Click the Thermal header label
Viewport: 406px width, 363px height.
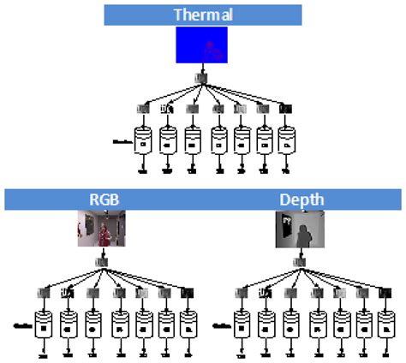pyautogui.click(x=202, y=15)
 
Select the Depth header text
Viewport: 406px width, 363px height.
pyautogui.click(x=302, y=199)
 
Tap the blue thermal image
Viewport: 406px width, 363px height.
pyautogui.click(x=202, y=45)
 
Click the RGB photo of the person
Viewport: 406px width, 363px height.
pyautogui.click(x=102, y=229)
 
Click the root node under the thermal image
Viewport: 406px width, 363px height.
pyautogui.click(x=202, y=78)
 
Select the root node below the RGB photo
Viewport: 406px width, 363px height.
pyautogui.click(x=103, y=263)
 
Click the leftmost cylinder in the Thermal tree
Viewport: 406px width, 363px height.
pyautogui.click(x=144, y=139)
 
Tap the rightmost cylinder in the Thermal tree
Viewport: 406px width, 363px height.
pyautogui.click(x=285, y=139)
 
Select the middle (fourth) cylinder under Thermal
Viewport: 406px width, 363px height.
pyautogui.click(x=218, y=139)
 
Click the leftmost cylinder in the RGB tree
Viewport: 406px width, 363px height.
pyautogui.click(x=44, y=324)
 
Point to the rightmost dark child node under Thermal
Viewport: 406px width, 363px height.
pyautogui.click(x=285, y=109)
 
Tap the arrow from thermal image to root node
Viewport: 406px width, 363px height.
pyautogui.click(x=202, y=68)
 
